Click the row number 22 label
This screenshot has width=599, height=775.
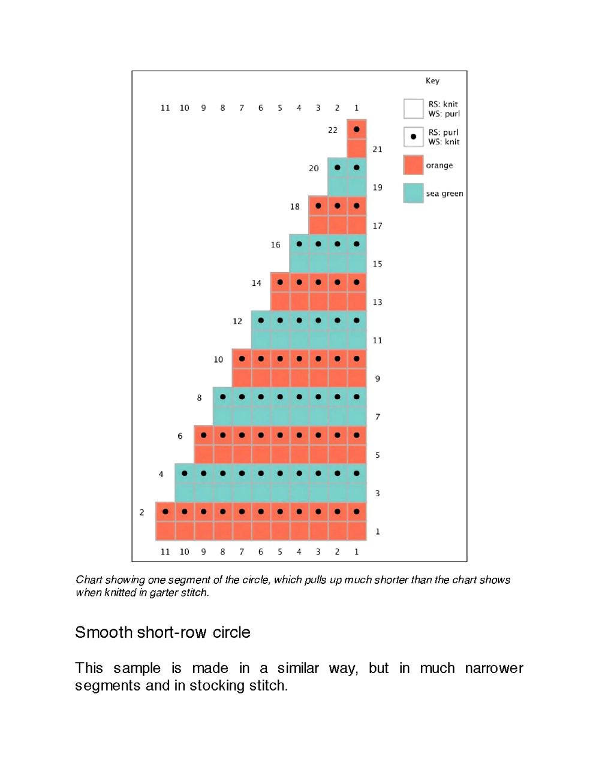pos(333,130)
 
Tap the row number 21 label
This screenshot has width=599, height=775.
pos(377,149)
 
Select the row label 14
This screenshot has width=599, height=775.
pos(257,283)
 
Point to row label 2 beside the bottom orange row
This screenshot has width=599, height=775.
pos(142,512)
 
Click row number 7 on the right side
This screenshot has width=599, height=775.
pos(378,417)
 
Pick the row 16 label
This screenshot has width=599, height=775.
pos(276,245)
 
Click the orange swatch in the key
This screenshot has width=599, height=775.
pos(413,165)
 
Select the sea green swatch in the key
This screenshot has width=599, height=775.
pos(413,193)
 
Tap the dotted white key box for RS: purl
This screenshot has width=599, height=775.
pos(413,137)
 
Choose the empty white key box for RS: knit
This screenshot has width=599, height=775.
pos(413,108)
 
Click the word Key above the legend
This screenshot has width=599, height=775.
pos(432,81)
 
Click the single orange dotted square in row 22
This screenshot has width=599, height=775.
pos(357,129)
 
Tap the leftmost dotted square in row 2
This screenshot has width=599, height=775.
pos(165,512)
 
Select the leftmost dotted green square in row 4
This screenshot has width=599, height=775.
pos(185,474)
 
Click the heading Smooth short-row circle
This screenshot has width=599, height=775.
pos(162,632)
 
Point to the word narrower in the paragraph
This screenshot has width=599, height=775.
pos(494,668)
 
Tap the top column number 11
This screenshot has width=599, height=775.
pos(165,108)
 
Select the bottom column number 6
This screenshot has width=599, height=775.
pos(261,551)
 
